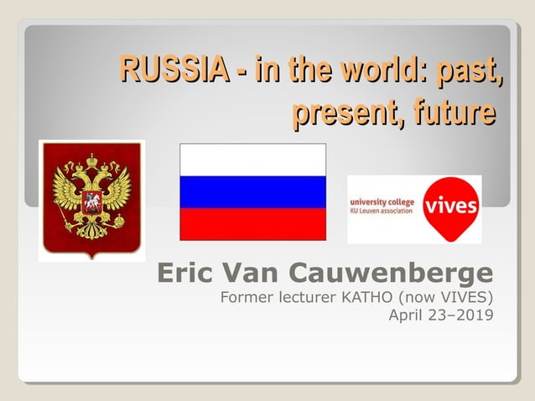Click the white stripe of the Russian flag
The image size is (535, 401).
coord(252,160)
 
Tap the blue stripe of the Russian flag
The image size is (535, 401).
coord(252,192)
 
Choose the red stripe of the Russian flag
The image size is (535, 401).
coord(252,224)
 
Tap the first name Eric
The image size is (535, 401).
coord(184,273)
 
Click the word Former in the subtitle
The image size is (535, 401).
coord(245,297)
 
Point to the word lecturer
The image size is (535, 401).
coord(307,297)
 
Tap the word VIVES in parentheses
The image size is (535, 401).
coord(462,297)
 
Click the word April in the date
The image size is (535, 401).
coord(408,315)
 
